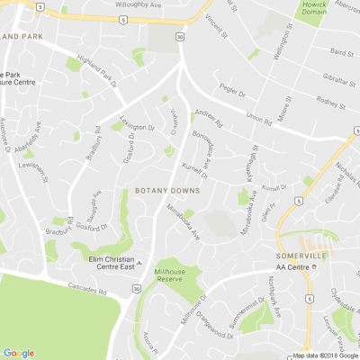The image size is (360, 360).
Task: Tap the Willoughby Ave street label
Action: coord(133,4)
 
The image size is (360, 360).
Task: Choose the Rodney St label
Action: coord(331,105)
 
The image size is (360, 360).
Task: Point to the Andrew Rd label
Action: coord(207,116)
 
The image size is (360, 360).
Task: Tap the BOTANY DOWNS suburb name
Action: coord(167,192)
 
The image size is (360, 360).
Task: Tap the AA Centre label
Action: coord(293,267)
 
